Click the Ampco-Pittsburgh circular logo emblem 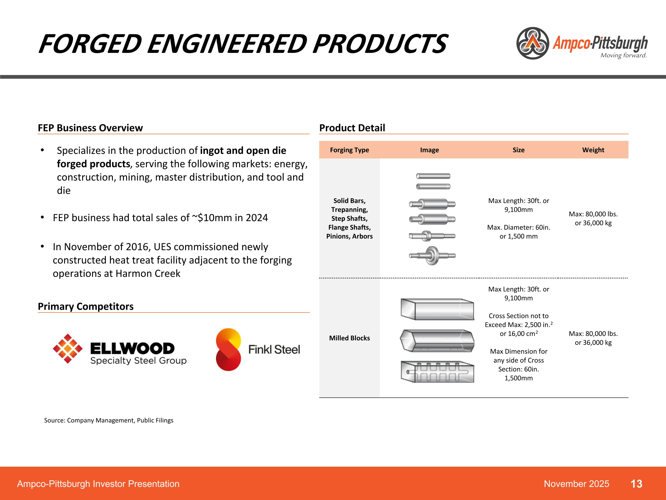pyautogui.click(x=533, y=43)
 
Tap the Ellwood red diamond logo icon pyautogui.click(x=67, y=348)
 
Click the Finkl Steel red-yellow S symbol pyautogui.click(x=228, y=349)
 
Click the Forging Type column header pyautogui.click(x=349, y=150)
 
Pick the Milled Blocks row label pyautogui.click(x=349, y=338)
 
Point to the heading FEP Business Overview pyautogui.click(x=90, y=128)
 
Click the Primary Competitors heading pyautogui.click(x=85, y=306)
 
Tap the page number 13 pyautogui.click(x=636, y=484)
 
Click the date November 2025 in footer pyautogui.click(x=576, y=484)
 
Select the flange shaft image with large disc pyautogui.click(x=432, y=256)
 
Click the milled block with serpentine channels pyautogui.click(x=437, y=372)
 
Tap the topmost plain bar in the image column pyautogui.click(x=433, y=176)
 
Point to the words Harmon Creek pyautogui.click(x=148, y=273)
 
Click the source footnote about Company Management pyautogui.click(x=109, y=420)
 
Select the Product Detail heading pyautogui.click(x=352, y=128)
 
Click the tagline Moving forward pyautogui.click(x=623, y=55)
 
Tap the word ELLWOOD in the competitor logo pyautogui.click(x=132, y=348)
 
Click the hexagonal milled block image pyautogui.click(x=437, y=341)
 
